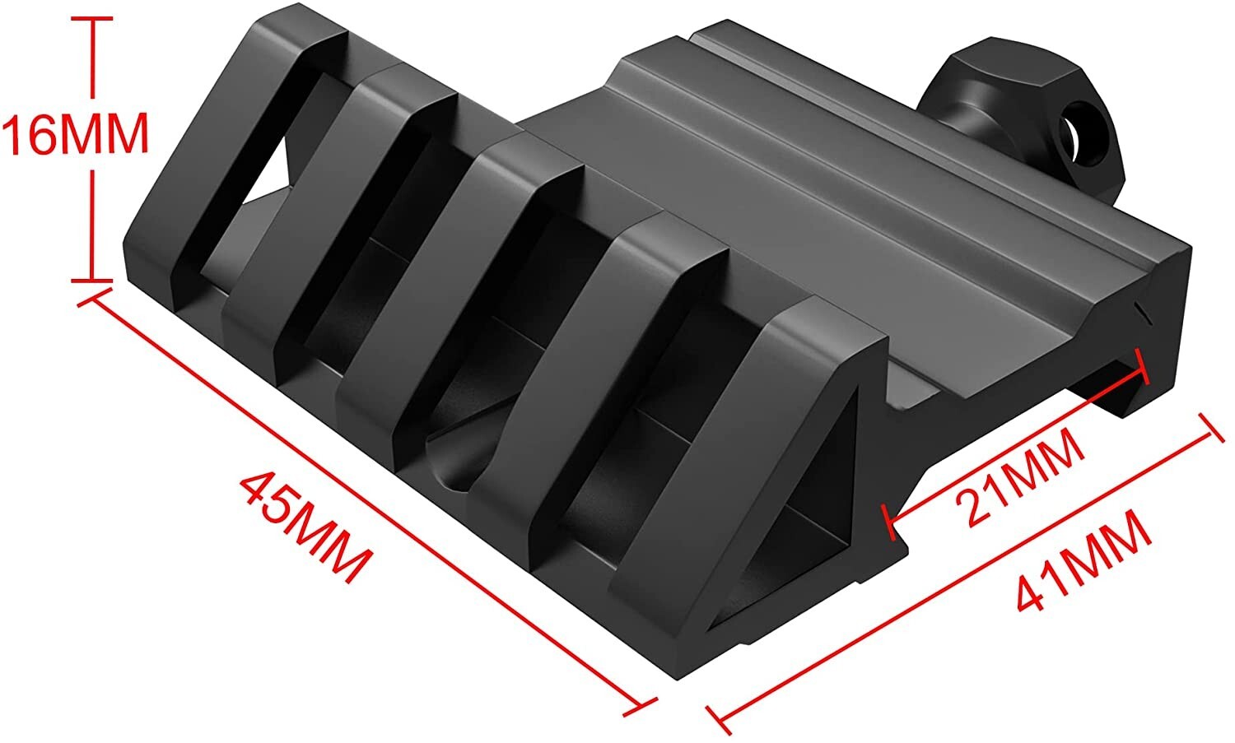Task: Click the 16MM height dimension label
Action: [x=76, y=134]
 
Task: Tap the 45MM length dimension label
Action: [x=305, y=527]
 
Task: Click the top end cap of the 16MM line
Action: [x=92, y=18]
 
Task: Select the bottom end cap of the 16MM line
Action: [x=92, y=281]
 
